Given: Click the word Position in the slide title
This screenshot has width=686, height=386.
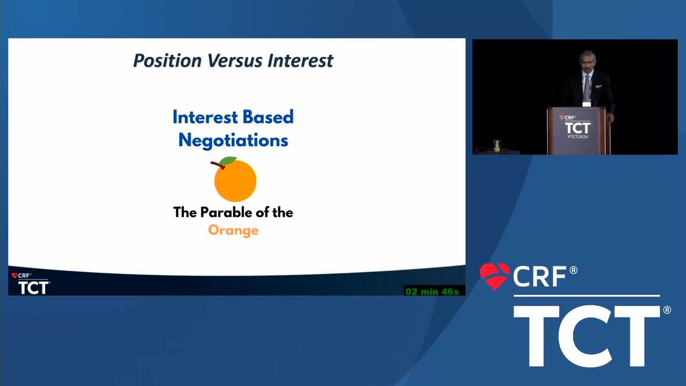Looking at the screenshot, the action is pyautogui.click(x=167, y=61).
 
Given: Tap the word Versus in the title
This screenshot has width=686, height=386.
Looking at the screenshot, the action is pyautogui.click(x=235, y=61).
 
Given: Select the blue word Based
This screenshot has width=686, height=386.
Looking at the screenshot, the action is pyautogui.click(x=269, y=117).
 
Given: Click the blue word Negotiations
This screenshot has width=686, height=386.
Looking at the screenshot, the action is pyautogui.click(x=233, y=140).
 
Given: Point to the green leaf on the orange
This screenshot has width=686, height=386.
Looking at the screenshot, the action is pyautogui.click(x=228, y=160).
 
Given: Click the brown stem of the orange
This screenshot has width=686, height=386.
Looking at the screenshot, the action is pyautogui.click(x=218, y=165).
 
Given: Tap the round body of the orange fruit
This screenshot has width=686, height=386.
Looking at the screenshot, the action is pyautogui.click(x=235, y=181).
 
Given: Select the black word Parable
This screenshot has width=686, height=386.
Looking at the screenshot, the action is pyautogui.click(x=226, y=212).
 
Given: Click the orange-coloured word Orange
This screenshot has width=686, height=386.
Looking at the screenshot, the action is pyautogui.click(x=233, y=231).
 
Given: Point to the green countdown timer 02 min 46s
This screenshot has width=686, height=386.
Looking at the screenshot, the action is pyautogui.click(x=432, y=291).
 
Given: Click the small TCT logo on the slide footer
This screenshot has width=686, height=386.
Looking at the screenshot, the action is pyautogui.click(x=34, y=287).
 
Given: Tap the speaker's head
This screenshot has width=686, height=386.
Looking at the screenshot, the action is pyautogui.click(x=587, y=61).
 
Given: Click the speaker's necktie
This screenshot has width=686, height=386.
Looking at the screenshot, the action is pyautogui.click(x=586, y=87).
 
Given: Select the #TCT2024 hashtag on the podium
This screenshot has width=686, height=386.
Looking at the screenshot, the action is pyautogui.click(x=578, y=137).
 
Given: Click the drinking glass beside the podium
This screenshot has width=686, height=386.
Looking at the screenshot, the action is pyautogui.click(x=497, y=146).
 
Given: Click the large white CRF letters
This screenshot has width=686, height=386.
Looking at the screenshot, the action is pyautogui.click(x=540, y=276).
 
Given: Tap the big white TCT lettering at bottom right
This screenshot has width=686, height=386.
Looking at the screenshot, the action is pyautogui.click(x=587, y=336).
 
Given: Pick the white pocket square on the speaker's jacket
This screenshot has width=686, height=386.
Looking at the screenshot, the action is pyautogui.click(x=599, y=87).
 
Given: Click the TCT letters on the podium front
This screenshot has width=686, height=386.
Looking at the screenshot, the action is pyautogui.click(x=578, y=128).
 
